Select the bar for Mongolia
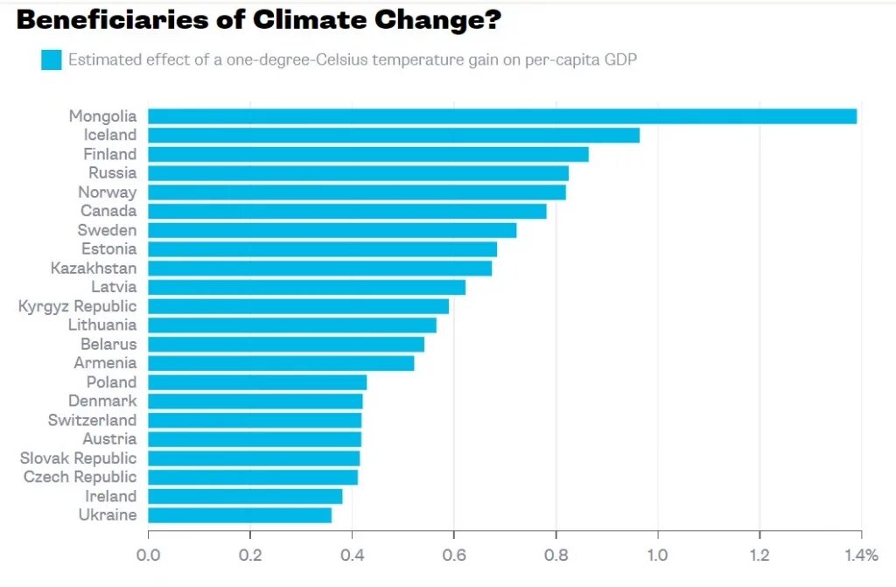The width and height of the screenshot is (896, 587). coord(502,116)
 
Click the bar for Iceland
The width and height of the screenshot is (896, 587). coord(394,136)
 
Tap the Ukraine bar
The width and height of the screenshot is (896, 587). coord(240,515)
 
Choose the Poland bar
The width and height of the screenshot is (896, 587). coord(257,382)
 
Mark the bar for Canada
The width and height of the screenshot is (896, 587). coord(347,211)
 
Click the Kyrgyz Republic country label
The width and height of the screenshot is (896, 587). coord(78,306)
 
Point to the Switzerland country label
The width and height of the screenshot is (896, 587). coord(92,420)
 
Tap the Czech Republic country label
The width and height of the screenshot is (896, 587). coord(80,477)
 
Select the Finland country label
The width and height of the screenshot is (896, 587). coord(110,154)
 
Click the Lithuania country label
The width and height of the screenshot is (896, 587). coord(102,325)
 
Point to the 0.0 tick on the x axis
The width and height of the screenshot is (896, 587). coord(149,556)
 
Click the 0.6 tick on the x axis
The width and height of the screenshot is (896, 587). coord(454,556)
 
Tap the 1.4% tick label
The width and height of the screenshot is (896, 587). coord(860,556)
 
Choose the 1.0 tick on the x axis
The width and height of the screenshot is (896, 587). coord(657,556)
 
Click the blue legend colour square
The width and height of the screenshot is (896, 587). coord(52,60)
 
